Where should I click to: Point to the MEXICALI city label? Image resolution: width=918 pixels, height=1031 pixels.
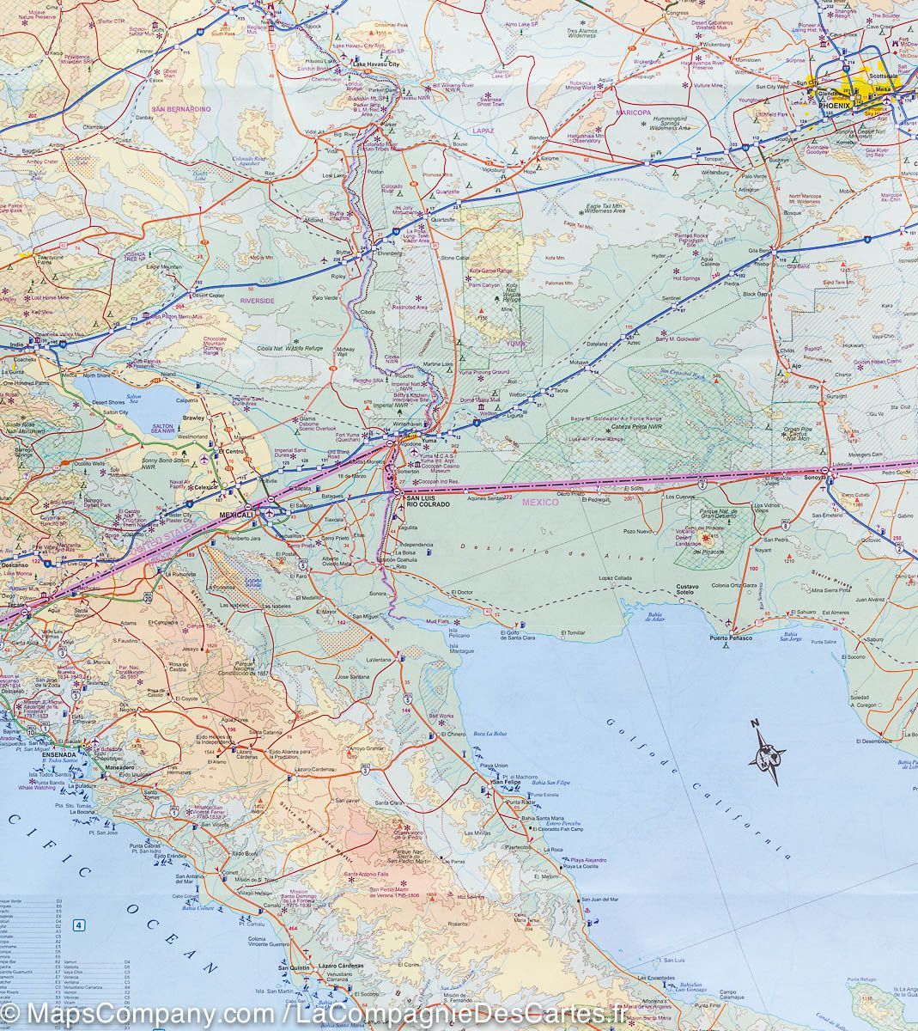(239, 514)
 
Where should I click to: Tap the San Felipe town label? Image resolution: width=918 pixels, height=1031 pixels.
(506, 782)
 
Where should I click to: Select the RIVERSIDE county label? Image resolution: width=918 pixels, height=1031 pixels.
(257, 302)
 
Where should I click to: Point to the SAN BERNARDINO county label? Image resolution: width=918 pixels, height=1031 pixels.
(180, 110)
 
